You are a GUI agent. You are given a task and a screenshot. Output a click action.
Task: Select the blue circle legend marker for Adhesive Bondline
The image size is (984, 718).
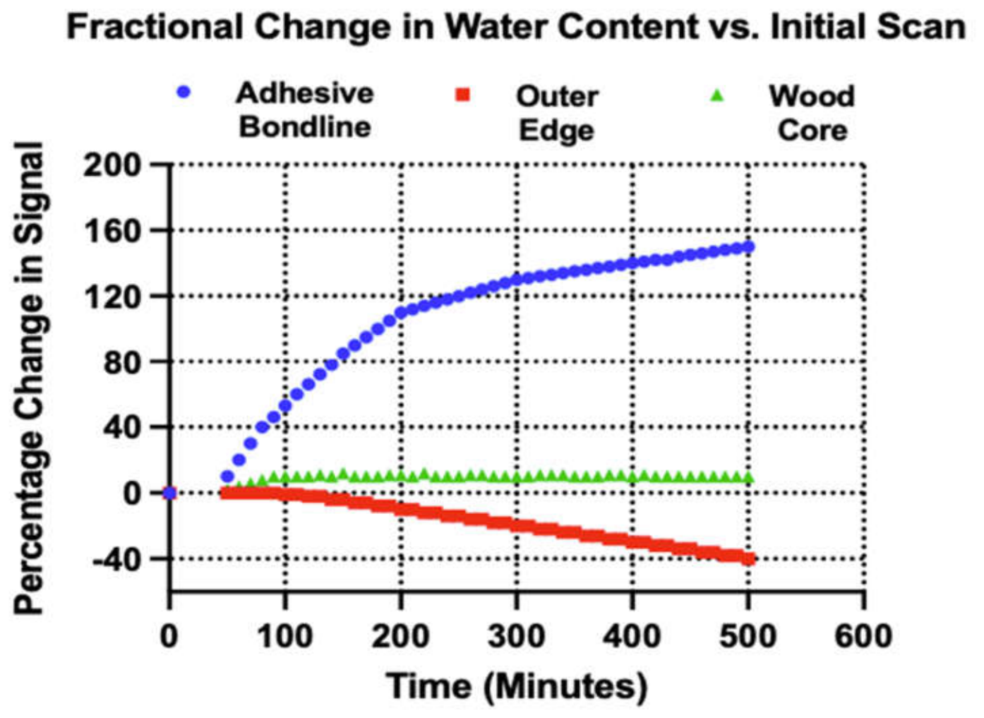[184, 92]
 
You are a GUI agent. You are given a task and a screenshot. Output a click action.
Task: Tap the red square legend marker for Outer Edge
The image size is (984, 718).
[462, 95]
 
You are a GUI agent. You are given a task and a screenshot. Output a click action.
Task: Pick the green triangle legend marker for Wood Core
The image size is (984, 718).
[717, 95]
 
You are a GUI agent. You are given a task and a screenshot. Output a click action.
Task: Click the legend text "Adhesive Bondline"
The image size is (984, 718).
[305, 110]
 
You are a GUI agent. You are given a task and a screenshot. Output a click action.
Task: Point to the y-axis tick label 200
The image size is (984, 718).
[113, 166]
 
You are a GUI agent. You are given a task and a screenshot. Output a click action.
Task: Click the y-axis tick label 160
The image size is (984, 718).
[113, 232]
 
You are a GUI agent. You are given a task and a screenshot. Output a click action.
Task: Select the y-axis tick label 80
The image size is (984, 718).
[123, 362]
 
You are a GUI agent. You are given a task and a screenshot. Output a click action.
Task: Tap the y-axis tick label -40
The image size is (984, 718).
[117, 559]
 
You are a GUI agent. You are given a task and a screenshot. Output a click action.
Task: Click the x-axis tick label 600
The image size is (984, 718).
[863, 636]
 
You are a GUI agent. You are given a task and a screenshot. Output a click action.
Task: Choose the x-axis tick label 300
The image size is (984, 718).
[517, 636]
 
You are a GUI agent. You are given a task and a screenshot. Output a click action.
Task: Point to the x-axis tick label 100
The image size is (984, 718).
[285, 636]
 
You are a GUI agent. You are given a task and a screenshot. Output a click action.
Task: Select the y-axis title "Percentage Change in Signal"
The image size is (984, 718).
[29, 378]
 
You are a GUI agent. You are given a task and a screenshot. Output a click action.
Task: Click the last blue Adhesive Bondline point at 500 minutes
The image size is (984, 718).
[748, 247]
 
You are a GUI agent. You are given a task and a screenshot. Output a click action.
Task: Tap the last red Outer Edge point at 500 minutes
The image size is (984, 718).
[748, 559]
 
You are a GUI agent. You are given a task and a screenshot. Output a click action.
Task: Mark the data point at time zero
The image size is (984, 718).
[169, 493]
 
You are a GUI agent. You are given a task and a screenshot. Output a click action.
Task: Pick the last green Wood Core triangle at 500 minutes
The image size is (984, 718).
[748, 478]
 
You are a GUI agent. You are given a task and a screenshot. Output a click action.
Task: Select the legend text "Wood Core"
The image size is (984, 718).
[812, 113]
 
